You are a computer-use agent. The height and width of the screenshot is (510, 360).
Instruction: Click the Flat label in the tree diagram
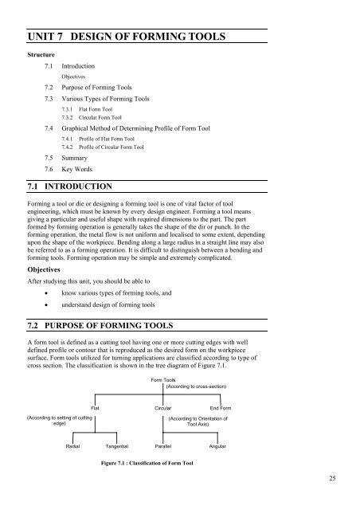coord(95,407)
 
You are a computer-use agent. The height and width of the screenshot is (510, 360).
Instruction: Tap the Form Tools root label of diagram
coord(162,381)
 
